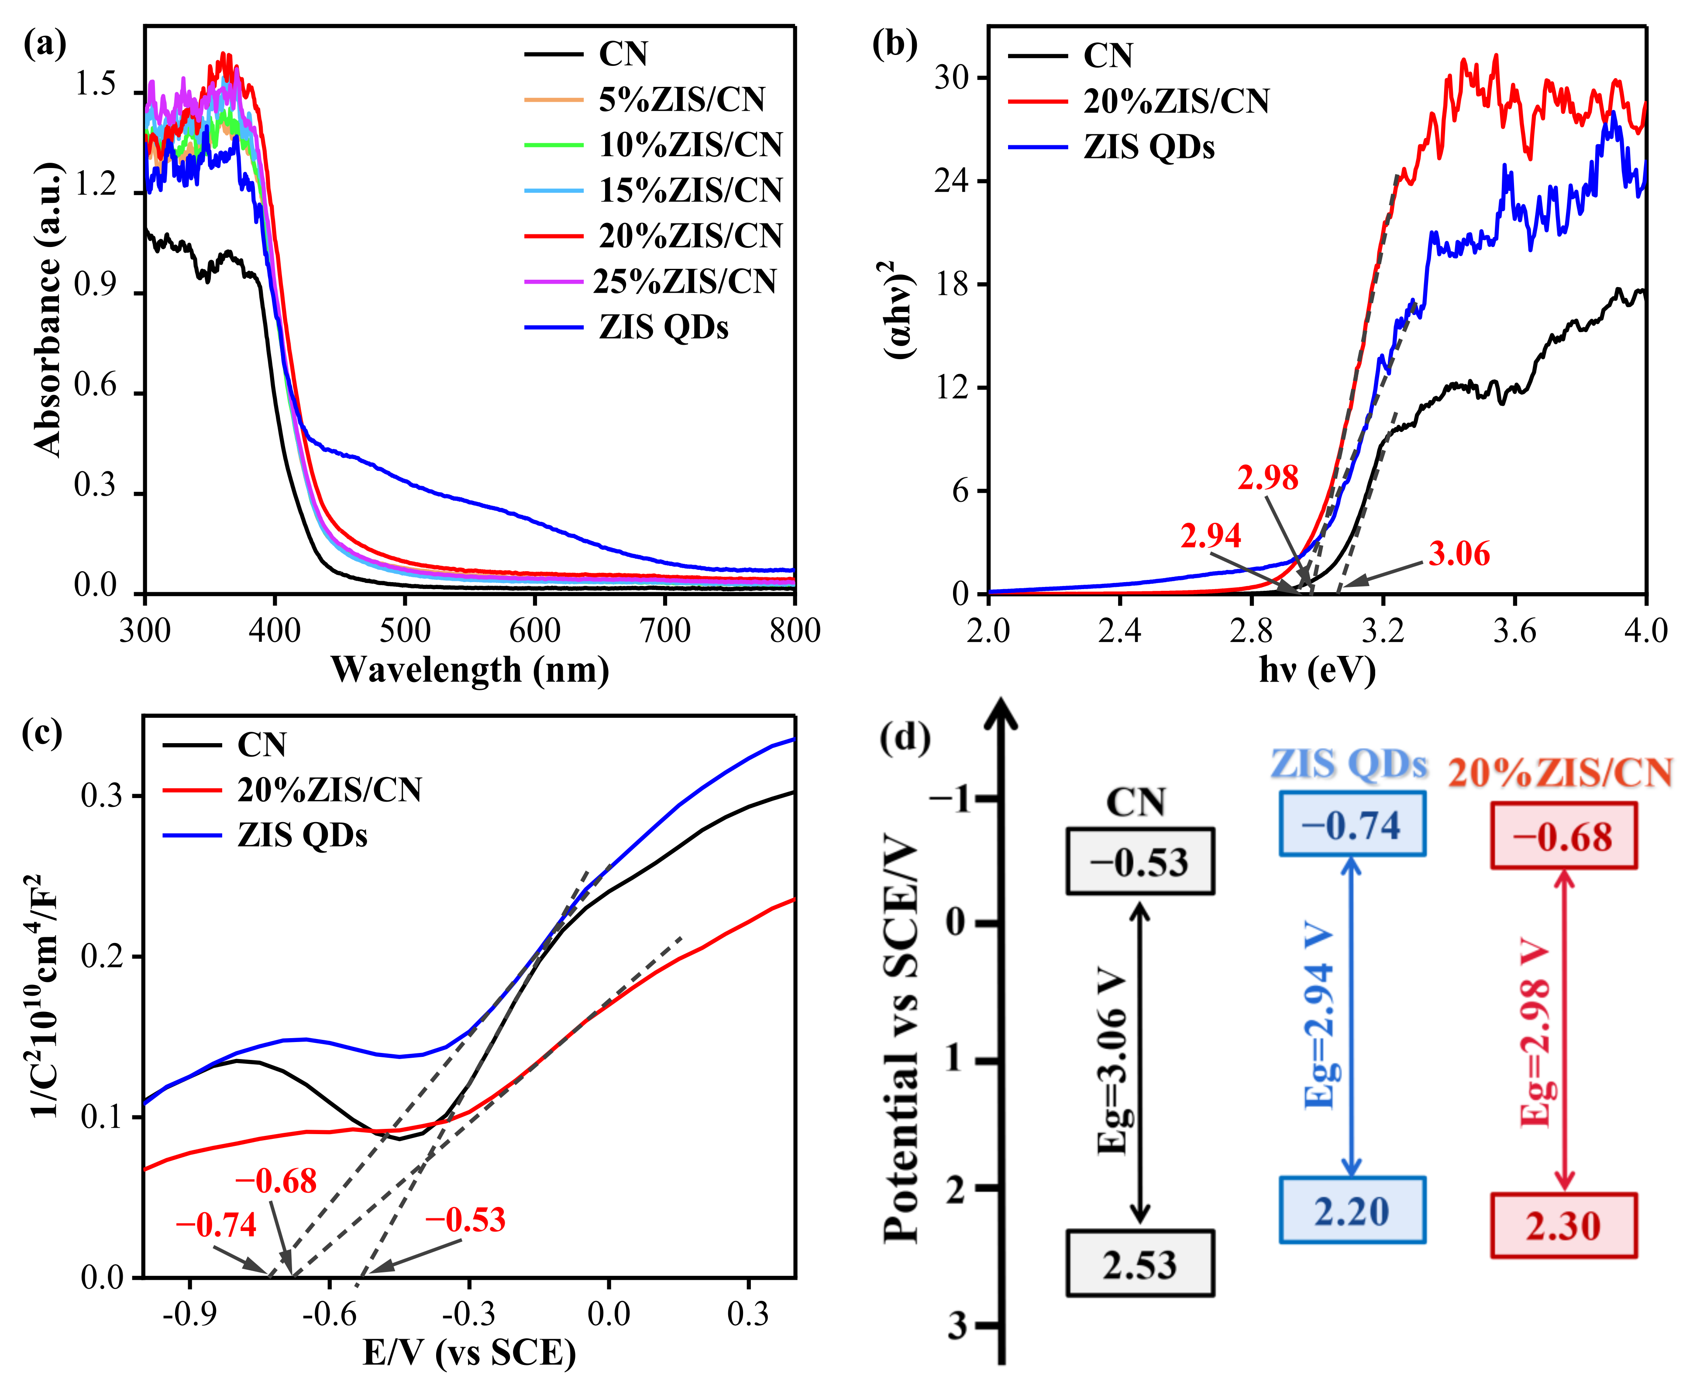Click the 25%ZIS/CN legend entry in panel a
tap(684, 281)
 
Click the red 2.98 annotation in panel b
tap(1268, 478)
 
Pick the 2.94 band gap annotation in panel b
tap(1211, 535)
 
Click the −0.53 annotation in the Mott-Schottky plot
tap(465, 1220)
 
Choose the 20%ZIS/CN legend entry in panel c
tap(329, 790)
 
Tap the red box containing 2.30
tap(1563, 1226)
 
